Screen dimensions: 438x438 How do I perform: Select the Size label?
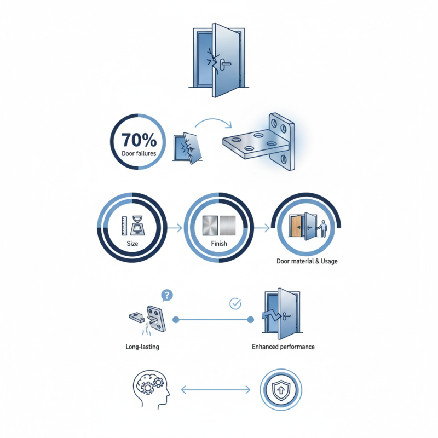[x=132, y=244]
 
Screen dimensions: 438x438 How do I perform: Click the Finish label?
[x=218, y=244]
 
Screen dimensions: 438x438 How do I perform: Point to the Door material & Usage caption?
[x=307, y=261]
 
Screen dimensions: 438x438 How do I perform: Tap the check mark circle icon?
[x=235, y=303]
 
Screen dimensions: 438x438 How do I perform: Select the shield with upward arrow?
[x=280, y=390]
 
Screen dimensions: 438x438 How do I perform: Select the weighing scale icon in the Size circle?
[x=137, y=226]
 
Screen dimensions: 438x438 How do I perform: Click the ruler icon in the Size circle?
[x=125, y=225]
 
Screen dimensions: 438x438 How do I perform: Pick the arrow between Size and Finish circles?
[x=175, y=227]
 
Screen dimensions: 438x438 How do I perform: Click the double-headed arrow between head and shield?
[x=215, y=390]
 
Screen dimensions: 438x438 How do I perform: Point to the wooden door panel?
[x=296, y=227]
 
